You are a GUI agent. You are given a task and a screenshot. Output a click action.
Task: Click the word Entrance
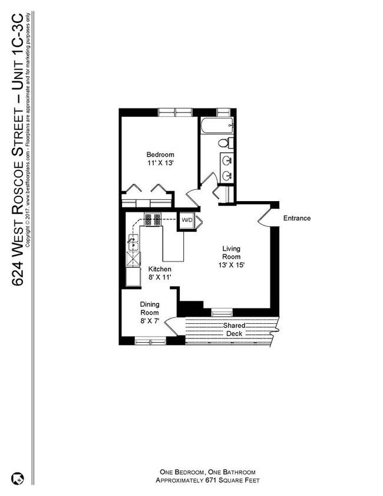pos(296,218)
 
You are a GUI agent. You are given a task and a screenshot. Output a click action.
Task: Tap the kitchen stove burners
pos(153,220)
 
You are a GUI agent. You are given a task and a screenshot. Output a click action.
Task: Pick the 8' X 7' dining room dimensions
pos(150,321)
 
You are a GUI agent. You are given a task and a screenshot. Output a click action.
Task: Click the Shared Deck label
pos(234,330)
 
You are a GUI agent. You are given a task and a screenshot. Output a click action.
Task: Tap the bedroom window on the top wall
pos(175,111)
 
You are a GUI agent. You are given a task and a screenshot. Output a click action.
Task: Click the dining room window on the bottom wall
pos(150,340)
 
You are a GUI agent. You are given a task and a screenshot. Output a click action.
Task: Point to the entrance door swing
pos(265,216)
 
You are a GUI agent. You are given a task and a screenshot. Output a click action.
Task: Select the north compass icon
pos(17,478)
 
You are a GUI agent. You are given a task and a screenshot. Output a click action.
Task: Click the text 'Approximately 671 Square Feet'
pos(209,481)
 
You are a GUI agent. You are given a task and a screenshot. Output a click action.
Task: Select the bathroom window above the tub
pos(223,111)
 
